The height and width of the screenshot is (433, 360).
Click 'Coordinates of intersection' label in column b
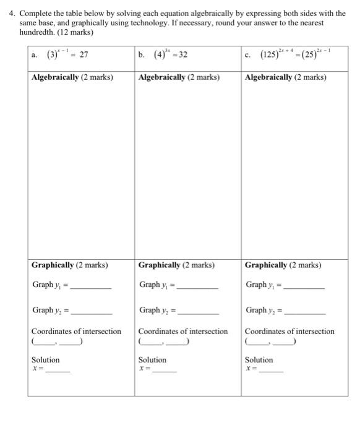[183, 332]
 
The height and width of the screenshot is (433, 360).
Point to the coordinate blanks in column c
[271, 341]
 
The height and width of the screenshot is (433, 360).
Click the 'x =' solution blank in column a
[58, 371]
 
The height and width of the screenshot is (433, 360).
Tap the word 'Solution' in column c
[259, 360]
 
